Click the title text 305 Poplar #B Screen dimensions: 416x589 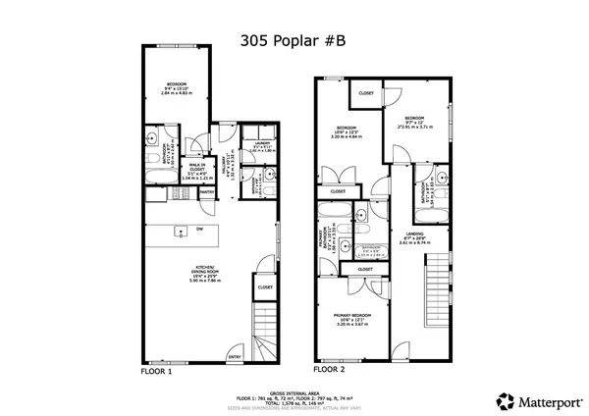[293, 42]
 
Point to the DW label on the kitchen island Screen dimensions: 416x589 [199, 230]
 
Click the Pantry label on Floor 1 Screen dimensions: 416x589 [225, 157]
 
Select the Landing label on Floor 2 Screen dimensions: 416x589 [414, 235]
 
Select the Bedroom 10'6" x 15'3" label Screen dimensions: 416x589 [348, 131]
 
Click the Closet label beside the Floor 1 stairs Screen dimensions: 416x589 [265, 287]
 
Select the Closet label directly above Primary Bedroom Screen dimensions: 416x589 [364, 269]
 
